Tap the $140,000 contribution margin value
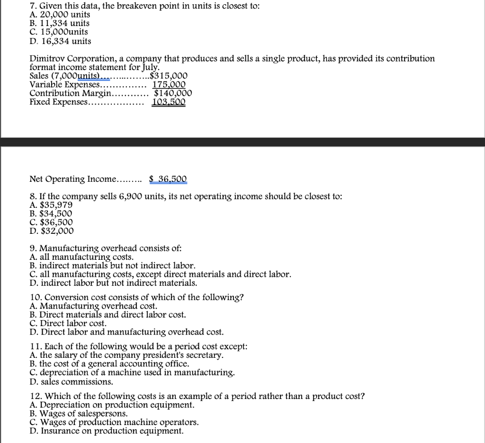[x=173, y=93]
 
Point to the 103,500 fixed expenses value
[x=169, y=102]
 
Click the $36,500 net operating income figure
[x=168, y=179]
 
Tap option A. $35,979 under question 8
[x=51, y=205]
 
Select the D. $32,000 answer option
[x=52, y=231]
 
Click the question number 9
[x=33, y=248]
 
